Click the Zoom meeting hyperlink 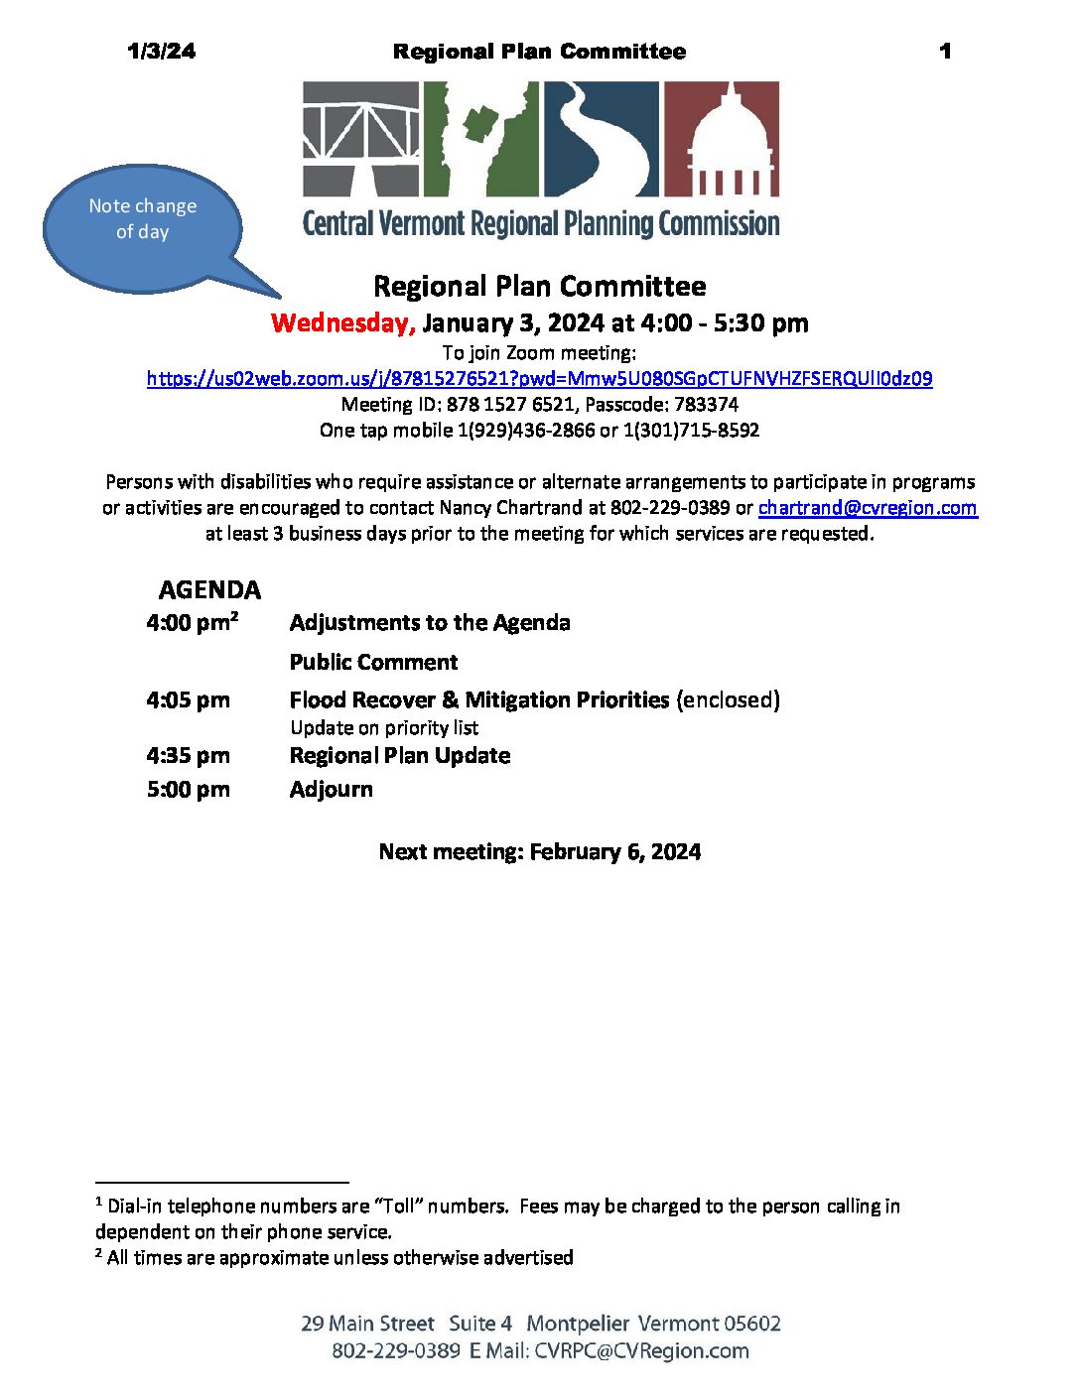click(539, 378)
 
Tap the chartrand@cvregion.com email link click(868, 508)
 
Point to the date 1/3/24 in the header click(162, 52)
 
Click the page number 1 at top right click(945, 52)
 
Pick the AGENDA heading click(209, 590)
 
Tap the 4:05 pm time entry click(189, 700)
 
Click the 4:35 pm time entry click(189, 756)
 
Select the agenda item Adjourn click(332, 790)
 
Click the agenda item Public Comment click(373, 663)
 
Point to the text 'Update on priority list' click(384, 728)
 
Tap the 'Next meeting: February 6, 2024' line click(540, 852)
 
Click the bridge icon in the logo click(361, 138)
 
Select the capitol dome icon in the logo click(722, 138)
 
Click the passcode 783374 click(706, 405)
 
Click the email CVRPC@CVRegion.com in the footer click(641, 1351)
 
